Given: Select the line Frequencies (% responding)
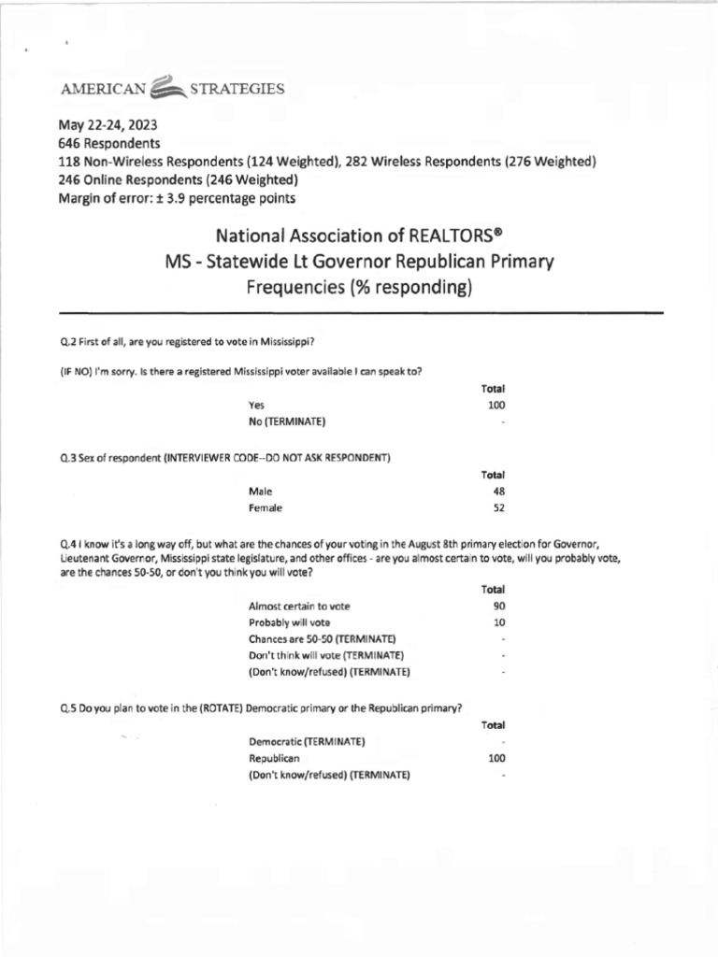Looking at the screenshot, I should pos(360,287).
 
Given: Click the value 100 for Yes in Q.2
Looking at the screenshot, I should pos(496,406).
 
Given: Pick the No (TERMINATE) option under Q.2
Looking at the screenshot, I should pos(287,422).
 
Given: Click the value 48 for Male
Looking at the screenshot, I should pos(499,491).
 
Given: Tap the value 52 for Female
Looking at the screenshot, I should pos(499,508).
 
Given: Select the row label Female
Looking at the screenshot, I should pos(266,508).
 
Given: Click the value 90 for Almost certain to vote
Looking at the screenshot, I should pos(499,606).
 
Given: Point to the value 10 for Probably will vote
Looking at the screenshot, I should pos(499,622).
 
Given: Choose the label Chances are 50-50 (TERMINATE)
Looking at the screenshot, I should pos(316,638).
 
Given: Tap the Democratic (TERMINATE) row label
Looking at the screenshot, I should pos(307,742).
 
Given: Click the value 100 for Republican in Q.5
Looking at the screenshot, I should pos(496,759).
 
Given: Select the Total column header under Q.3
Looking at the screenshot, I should pos(493,475).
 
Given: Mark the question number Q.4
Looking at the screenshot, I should pos(67,543).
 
